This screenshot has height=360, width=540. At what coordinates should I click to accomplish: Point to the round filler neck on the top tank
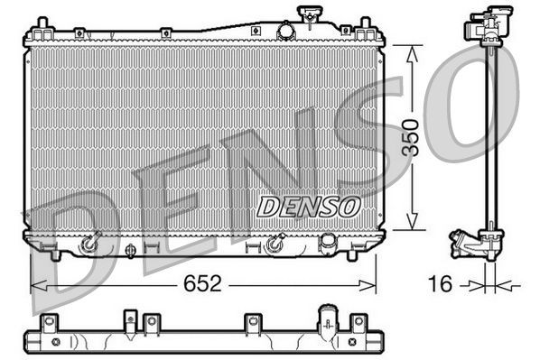tap(286, 31)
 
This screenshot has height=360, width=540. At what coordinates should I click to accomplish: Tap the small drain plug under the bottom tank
tap(130, 252)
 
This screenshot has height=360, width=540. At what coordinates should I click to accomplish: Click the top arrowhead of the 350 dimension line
tap(413, 45)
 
